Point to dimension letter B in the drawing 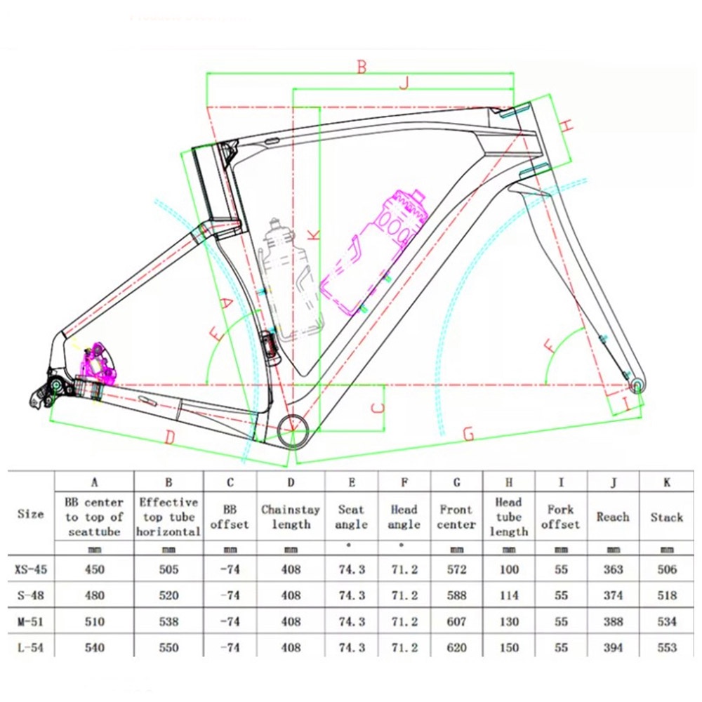[362, 67]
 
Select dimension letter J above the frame [403, 84]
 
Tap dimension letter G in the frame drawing [468, 435]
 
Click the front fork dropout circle [637, 385]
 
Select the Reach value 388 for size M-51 [613, 621]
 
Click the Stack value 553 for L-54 [666, 647]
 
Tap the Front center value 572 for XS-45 [456, 569]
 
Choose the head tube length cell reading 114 [509, 595]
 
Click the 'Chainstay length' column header [290, 517]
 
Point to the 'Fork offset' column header [561, 517]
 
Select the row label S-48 [30, 595]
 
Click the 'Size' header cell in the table [30, 514]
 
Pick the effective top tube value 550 [168, 647]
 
